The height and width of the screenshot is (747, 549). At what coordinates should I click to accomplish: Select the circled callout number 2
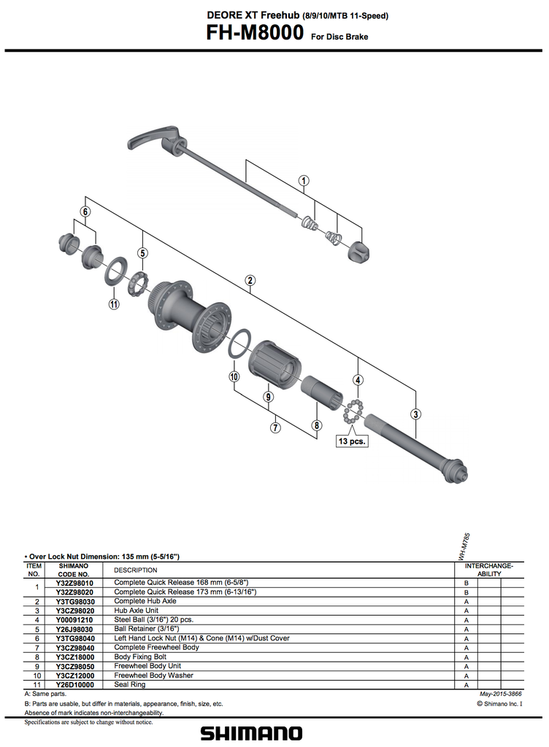[250, 280]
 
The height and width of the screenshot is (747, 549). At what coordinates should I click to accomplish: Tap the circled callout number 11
[113, 304]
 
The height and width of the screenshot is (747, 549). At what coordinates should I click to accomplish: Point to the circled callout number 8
[316, 425]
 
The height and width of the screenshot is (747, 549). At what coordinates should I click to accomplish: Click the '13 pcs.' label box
[351, 441]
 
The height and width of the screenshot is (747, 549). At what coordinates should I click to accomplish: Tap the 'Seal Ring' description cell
[130, 685]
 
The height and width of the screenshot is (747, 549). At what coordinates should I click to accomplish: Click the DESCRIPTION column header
[135, 570]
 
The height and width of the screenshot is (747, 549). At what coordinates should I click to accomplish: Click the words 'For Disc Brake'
[339, 36]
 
